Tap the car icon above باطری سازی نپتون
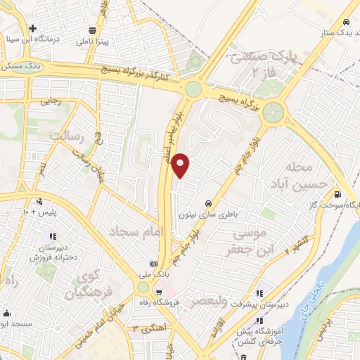coord(208,199)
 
